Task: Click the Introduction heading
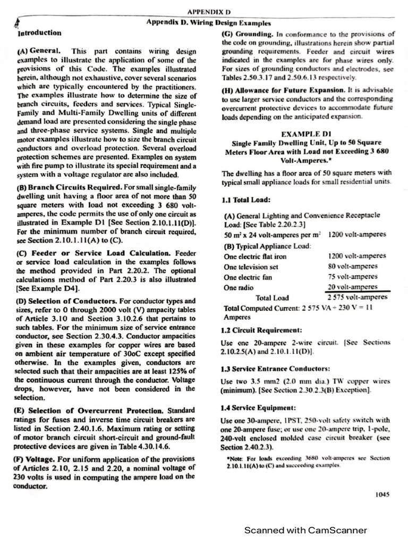pos(40,33)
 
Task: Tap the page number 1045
pos(382,494)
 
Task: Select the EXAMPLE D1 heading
pos(308,135)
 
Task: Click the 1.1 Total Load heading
pos(246,200)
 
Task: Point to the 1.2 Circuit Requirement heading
pos(261,330)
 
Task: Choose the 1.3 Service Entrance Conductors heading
pos(276,368)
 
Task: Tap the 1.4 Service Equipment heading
pos(258,408)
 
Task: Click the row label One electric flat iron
pos(254,256)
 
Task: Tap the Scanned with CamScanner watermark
pos(305,530)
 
